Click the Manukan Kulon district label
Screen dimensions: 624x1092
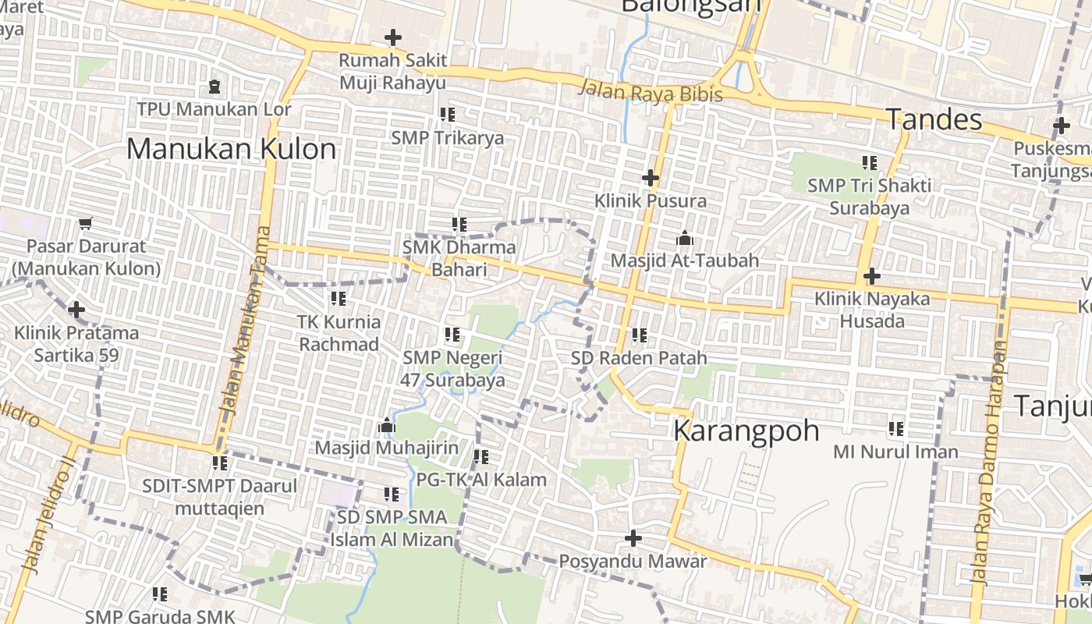(x=232, y=148)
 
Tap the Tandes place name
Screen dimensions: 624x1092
(x=934, y=119)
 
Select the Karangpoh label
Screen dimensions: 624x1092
(x=746, y=431)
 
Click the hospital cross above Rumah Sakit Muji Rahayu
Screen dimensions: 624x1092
(x=393, y=37)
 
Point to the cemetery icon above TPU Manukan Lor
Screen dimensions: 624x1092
(x=214, y=86)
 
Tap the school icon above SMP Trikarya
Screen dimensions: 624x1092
(x=448, y=115)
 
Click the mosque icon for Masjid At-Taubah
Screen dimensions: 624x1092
(x=685, y=237)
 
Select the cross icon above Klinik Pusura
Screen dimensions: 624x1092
(x=651, y=178)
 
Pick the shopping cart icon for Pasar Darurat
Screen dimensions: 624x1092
(x=86, y=223)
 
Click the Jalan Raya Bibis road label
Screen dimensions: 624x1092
(x=650, y=91)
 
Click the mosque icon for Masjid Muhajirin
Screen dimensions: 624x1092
(x=386, y=426)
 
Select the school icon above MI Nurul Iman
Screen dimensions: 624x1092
(x=896, y=428)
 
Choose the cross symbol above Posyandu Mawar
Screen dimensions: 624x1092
(x=633, y=538)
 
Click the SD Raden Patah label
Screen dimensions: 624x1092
(x=639, y=358)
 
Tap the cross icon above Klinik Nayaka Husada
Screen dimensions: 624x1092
(x=872, y=276)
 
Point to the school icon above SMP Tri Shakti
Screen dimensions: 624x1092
(x=870, y=163)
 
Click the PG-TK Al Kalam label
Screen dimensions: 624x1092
(x=481, y=480)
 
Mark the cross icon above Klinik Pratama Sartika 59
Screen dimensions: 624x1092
(x=76, y=310)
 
